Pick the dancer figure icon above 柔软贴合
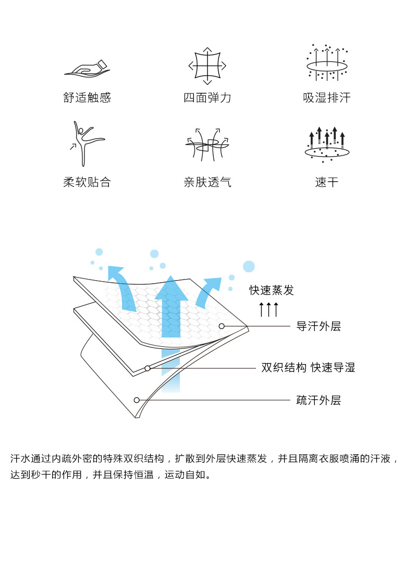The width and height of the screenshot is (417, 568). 87,143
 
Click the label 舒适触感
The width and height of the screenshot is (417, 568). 87,98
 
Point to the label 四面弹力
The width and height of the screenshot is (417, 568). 207,98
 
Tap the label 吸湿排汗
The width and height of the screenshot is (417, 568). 327,98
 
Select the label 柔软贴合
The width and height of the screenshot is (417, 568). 87,182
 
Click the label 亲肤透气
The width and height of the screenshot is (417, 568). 207,182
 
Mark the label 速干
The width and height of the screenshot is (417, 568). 327,182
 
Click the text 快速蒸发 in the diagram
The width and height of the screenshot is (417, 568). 271,291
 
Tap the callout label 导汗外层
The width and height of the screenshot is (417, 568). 318,327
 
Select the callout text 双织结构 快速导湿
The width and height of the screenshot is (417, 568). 308,368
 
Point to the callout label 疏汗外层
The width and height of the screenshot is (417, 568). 318,401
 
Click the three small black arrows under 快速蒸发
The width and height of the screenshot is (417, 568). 269,309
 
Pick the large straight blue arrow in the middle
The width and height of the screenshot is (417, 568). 171,313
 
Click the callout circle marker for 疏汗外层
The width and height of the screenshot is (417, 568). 137,400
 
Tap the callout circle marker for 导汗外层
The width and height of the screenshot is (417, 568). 222,326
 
